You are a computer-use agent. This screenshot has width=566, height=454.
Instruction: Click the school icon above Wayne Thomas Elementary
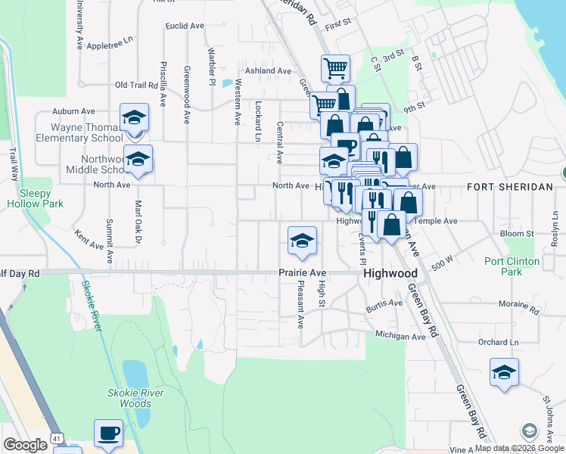coord(134,118)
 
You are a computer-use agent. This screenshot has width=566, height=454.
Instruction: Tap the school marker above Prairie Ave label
coord(302,241)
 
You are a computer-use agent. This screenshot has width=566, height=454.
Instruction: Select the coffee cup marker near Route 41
coord(108,434)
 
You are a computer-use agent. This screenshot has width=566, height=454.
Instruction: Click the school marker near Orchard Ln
coord(504,372)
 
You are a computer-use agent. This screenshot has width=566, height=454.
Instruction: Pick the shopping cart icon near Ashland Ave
coord(335,69)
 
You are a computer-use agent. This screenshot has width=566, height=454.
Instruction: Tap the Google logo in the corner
coord(25,445)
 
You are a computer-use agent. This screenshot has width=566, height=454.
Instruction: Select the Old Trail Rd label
coord(135,86)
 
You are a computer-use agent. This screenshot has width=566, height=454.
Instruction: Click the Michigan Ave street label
coord(400,335)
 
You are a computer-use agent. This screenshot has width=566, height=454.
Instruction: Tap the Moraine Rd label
coord(518,310)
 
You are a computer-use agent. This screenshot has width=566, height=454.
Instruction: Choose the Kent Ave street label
coord(89,241)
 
